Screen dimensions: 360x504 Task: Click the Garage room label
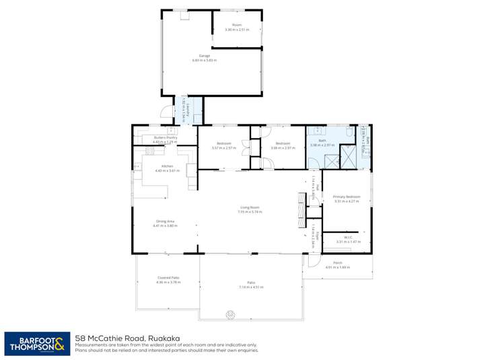click(205, 57)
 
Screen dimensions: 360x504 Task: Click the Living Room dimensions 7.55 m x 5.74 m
click(250, 212)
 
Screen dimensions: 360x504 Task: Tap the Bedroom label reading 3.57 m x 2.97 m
click(224, 147)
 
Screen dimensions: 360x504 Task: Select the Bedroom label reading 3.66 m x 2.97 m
click(283, 147)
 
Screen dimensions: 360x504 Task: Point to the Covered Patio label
click(168, 279)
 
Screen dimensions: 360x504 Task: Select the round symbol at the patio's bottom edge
click(230, 314)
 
